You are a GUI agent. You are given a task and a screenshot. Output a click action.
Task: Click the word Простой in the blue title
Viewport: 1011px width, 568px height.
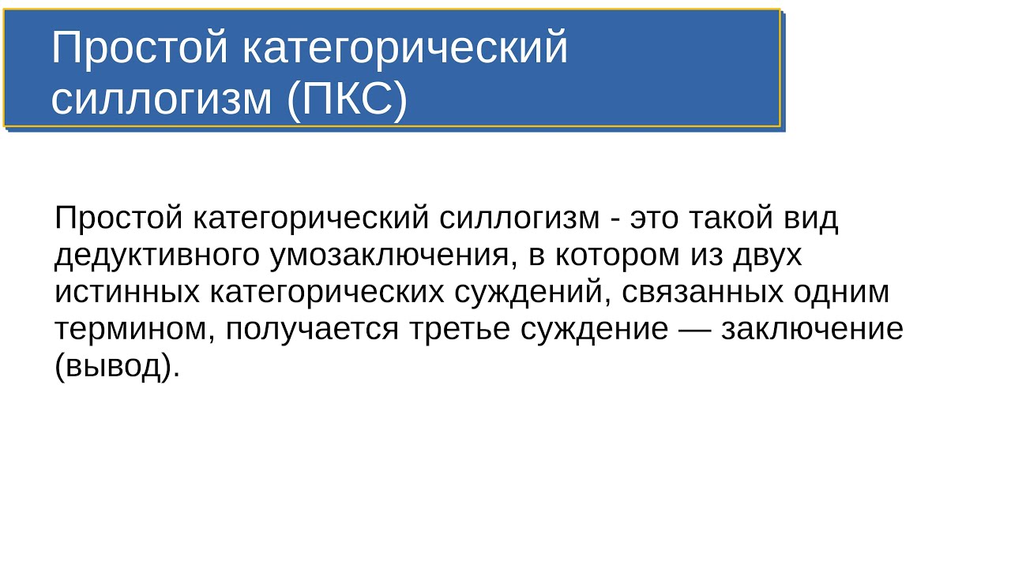click(139, 49)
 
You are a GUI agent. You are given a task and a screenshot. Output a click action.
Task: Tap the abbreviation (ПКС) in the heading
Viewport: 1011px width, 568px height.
click(347, 99)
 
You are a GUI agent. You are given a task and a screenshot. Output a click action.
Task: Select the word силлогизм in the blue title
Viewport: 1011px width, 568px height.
click(161, 99)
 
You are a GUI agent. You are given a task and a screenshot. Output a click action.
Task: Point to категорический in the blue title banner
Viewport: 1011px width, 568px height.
click(404, 49)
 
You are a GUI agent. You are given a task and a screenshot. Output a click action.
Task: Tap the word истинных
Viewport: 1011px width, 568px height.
click(126, 292)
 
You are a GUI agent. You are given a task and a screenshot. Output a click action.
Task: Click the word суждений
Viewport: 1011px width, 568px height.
click(531, 292)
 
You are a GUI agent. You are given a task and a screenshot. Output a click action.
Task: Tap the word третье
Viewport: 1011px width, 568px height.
click(459, 329)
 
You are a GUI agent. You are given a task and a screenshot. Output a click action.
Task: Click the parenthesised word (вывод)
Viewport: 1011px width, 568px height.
click(118, 366)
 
